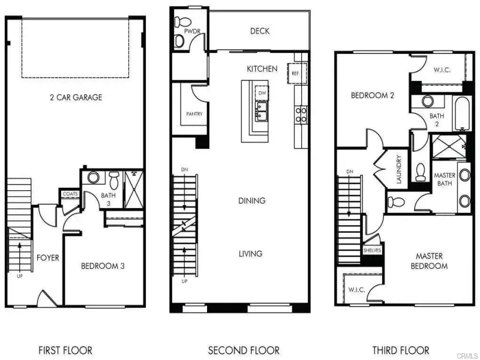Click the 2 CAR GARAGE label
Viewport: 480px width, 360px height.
[76, 97]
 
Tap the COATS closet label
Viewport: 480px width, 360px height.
[70, 194]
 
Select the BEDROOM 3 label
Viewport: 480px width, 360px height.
[103, 266]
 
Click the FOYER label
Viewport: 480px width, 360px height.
[48, 258]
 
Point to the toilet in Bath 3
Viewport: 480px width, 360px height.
[114, 180]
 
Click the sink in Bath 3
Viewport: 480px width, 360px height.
[94, 177]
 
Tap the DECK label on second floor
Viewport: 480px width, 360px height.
[260, 31]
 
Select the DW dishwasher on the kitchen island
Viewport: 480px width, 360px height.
[262, 93]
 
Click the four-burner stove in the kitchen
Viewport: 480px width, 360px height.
[301, 115]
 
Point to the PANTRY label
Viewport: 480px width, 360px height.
[194, 114]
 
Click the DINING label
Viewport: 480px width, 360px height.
[251, 201]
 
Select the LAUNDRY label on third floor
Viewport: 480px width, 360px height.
[398, 169]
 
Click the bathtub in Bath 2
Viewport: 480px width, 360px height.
[462, 114]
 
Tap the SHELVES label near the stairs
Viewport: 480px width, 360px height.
[372, 250]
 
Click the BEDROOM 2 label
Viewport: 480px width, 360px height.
[372, 95]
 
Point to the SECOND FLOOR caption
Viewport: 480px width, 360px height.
[244, 350]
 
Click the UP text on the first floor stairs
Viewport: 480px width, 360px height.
[20, 276]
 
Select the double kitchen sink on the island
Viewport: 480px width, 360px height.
[262, 111]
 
